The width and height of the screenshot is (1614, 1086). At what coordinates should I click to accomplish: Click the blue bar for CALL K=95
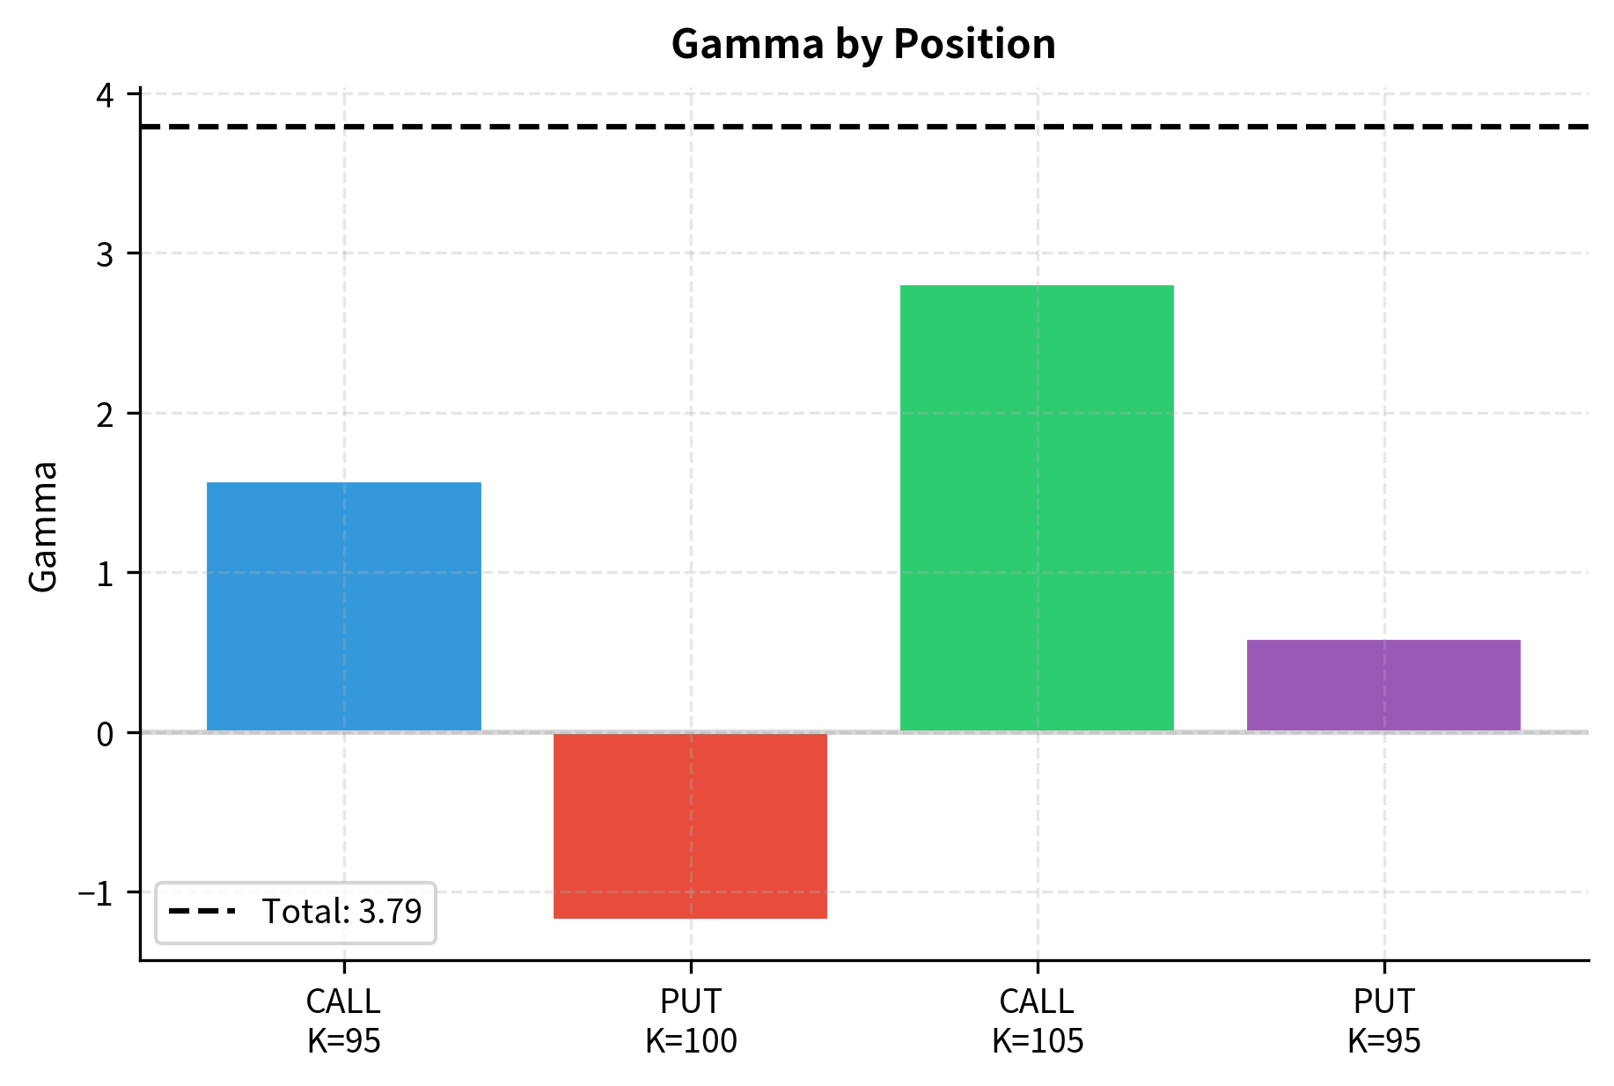pos(343,606)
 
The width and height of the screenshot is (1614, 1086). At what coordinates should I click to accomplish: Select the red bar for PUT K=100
pos(690,826)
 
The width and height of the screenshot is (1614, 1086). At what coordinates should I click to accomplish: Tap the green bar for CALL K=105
pos(1037,508)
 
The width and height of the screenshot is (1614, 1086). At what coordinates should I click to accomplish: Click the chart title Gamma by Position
pos(862,44)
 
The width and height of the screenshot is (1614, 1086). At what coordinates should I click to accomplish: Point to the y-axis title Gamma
pos(43,526)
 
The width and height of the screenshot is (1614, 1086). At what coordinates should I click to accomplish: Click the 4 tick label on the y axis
pos(106,94)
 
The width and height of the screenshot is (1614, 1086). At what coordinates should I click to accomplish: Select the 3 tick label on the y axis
pos(106,254)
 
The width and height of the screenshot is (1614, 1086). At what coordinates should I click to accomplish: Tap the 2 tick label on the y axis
pos(106,414)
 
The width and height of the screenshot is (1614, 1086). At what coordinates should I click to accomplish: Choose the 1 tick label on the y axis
pos(106,574)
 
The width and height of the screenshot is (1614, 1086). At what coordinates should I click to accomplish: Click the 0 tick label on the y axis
pos(106,733)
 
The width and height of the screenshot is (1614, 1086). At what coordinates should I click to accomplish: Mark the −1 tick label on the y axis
pos(96,893)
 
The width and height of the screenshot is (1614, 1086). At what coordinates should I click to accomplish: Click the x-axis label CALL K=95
pos(343,1021)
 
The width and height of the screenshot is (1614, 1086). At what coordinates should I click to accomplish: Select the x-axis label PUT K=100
pos(690,1021)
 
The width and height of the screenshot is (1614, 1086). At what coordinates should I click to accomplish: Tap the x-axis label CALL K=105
pos(1037,1021)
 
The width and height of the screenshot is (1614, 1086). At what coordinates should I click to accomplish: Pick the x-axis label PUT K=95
pos(1383,1021)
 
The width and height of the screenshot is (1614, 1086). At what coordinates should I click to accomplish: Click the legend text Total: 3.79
pos(341,912)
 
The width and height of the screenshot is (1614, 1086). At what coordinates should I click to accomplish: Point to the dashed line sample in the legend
pos(202,912)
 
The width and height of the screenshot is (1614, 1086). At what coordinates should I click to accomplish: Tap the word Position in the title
pos(974,44)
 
